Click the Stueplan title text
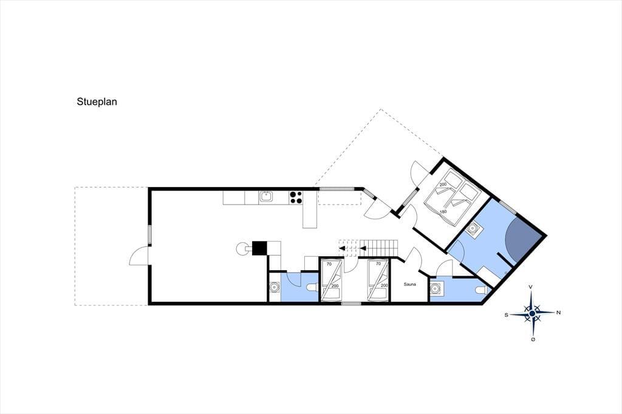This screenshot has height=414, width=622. (x=97, y=102)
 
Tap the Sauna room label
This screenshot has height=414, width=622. (x=409, y=284)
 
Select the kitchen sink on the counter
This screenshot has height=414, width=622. (x=265, y=197)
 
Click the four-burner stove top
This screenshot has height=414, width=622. (x=296, y=197)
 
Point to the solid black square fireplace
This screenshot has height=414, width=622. (x=260, y=248)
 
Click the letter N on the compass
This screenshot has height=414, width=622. (x=559, y=313)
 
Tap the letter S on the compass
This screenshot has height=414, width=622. (x=507, y=315)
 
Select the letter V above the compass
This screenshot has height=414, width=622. (x=530, y=287)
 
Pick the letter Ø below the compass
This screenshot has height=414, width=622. (x=533, y=339)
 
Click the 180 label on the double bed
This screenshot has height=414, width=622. (x=443, y=212)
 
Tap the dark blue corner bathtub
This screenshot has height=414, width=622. (x=522, y=238)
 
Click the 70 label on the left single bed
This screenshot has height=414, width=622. (x=329, y=263)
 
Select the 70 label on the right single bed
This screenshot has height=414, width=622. (x=378, y=263)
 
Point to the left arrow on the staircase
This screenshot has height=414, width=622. (x=341, y=249)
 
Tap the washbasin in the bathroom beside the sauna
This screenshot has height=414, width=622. (x=437, y=288)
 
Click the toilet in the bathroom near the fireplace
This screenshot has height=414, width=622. (x=313, y=288)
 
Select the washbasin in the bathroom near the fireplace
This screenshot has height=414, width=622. (x=275, y=287)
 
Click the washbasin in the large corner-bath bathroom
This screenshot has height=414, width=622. (x=473, y=229)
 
